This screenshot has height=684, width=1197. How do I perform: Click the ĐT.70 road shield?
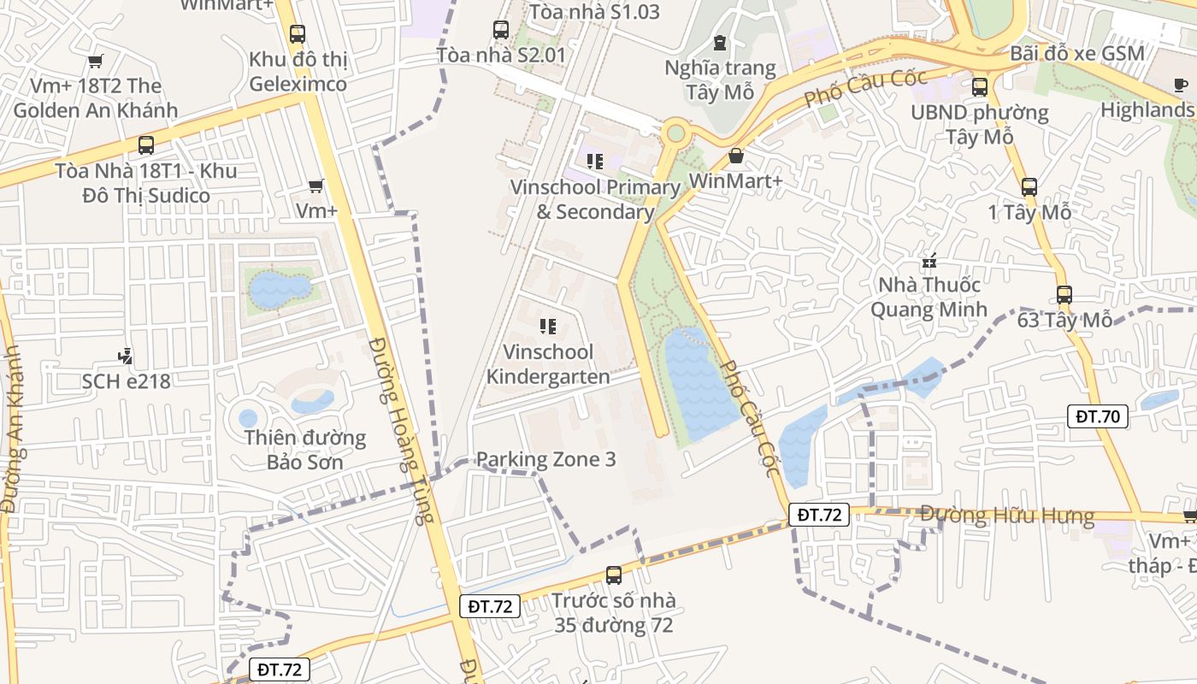1098,416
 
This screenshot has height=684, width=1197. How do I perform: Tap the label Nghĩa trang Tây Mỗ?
720,80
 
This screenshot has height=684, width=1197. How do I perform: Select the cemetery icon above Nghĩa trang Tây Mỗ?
720,42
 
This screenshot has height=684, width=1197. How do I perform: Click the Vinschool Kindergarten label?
548,364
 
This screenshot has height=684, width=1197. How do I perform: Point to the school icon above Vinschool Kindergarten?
548,327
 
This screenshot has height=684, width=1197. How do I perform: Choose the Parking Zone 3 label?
545,459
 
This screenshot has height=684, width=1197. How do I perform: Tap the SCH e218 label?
127,380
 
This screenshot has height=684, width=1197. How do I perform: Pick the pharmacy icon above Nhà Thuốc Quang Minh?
929,260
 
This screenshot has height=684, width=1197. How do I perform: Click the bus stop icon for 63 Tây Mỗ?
1064,295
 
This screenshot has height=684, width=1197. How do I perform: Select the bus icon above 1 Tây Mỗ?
1029,187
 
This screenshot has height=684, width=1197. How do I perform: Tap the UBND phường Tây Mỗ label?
980,124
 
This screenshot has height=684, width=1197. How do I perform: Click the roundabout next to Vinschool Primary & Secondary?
675,133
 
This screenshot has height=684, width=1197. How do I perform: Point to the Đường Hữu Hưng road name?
1007,516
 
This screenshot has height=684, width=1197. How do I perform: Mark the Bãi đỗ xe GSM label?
1076,53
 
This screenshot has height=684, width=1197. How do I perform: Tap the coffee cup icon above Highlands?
1181,85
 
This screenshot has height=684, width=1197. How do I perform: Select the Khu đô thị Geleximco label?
298,72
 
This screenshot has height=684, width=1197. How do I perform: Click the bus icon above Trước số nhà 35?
613,575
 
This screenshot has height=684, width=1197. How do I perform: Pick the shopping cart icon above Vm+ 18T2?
96,61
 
